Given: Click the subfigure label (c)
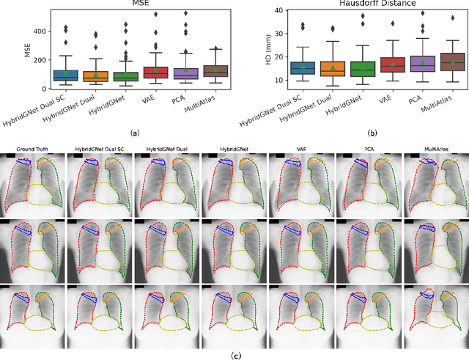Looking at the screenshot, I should tap(234, 356).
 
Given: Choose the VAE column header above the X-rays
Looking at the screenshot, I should tap(302, 150).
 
